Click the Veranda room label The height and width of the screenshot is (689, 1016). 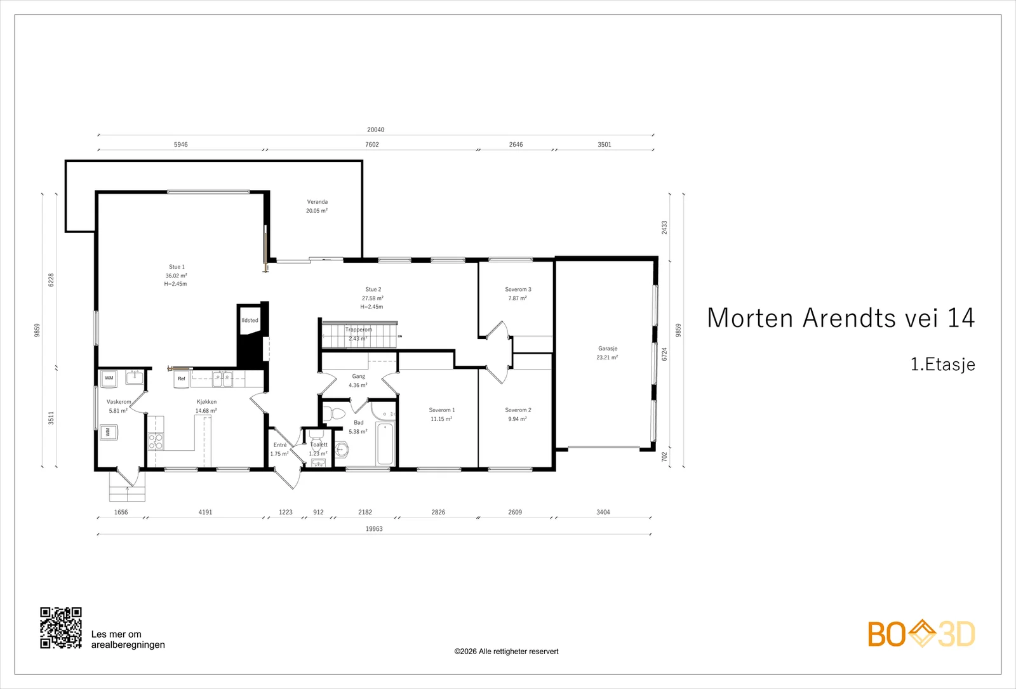(317, 202)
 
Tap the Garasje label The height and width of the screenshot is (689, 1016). (607, 349)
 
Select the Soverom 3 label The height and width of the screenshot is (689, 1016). (518, 290)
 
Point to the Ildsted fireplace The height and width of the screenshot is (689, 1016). (250, 320)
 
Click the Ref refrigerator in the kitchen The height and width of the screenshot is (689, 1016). (182, 378)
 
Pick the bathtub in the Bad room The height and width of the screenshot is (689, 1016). (385, 443)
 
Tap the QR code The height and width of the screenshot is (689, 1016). (61, 628)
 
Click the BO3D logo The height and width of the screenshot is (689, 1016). (921, 634)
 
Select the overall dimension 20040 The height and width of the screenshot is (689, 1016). (375, 130)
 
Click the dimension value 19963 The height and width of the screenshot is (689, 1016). (374, 529)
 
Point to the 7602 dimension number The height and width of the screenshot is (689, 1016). (372, 145)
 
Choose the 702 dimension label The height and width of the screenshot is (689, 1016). (664, 457)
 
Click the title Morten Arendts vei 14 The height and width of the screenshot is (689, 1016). (841, 318)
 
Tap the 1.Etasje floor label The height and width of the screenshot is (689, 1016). (943, 365)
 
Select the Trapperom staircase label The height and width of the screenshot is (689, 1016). (358, 330)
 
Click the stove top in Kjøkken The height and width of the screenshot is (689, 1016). (156, 441)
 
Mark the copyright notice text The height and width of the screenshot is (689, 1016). (506, 652)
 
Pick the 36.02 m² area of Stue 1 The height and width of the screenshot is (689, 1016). (176, 276)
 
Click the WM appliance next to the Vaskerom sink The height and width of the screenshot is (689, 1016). (109, 378)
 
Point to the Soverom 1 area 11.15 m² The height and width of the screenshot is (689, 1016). (441, 419)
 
